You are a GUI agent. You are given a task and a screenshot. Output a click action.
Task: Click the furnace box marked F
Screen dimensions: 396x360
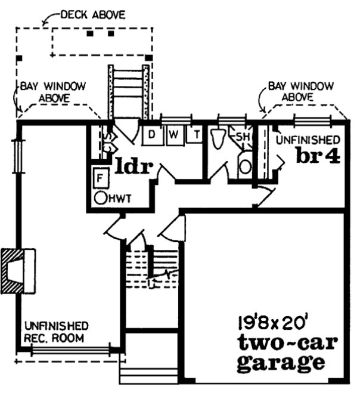click(101, 177)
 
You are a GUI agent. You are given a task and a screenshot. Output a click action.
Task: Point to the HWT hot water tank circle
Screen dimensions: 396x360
click(101, 197)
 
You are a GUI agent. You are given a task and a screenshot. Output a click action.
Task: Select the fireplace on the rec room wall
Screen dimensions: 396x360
click(18, 271)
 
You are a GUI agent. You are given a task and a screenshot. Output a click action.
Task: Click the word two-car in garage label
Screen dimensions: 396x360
click(287, 344)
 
